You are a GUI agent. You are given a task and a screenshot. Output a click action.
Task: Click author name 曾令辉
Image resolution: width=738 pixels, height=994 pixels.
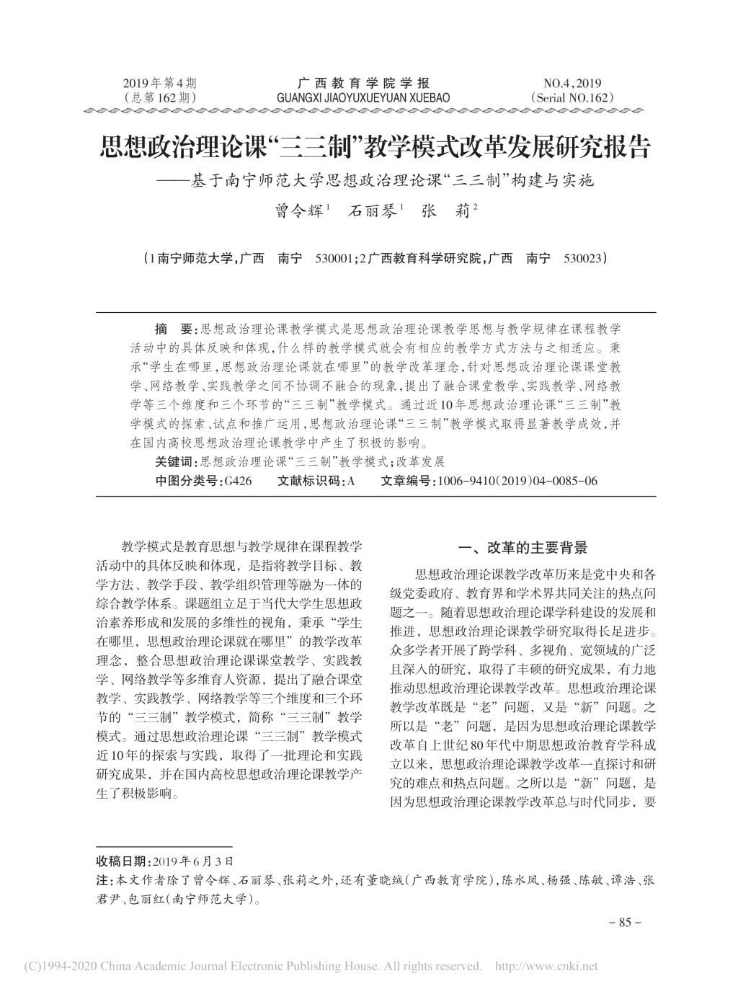point(296,212)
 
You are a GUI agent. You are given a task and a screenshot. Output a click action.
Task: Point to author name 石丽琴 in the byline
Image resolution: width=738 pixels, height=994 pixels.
point(372,212)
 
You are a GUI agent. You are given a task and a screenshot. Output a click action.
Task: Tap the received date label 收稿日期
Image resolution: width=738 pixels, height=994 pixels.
point(123,861)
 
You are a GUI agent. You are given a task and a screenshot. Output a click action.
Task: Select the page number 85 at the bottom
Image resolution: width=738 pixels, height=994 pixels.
point(625,922)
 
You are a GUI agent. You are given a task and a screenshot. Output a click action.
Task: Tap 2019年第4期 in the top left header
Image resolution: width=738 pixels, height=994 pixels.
point(160,83)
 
